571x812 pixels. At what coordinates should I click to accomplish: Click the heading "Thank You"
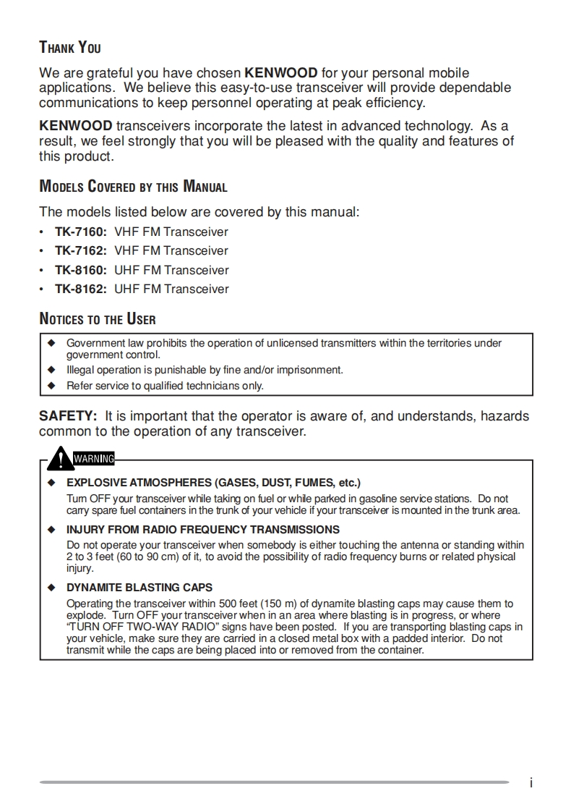point(69,48)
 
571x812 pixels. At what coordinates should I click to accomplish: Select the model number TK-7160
point(81,232)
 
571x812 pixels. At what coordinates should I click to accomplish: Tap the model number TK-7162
point(81,251)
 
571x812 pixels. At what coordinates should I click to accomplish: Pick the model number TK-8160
point(81,271)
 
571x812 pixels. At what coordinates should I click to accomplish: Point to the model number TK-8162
point(81,289)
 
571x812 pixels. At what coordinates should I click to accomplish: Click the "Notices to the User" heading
point(97,319)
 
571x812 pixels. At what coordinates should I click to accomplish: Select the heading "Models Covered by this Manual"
point(133,187)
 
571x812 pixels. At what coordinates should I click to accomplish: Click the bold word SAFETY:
point(68,416)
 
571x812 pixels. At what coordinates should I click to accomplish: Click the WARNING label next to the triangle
point(93,458)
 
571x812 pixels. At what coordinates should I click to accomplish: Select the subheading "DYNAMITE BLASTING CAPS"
point(139,588)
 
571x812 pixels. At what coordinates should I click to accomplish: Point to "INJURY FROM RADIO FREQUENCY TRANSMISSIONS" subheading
point(203,530)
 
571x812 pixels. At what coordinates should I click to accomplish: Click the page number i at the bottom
point(531,783)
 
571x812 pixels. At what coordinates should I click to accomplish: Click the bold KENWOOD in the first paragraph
point(281,73)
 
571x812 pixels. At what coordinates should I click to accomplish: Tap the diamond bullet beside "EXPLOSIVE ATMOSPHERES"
point(51,483)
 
